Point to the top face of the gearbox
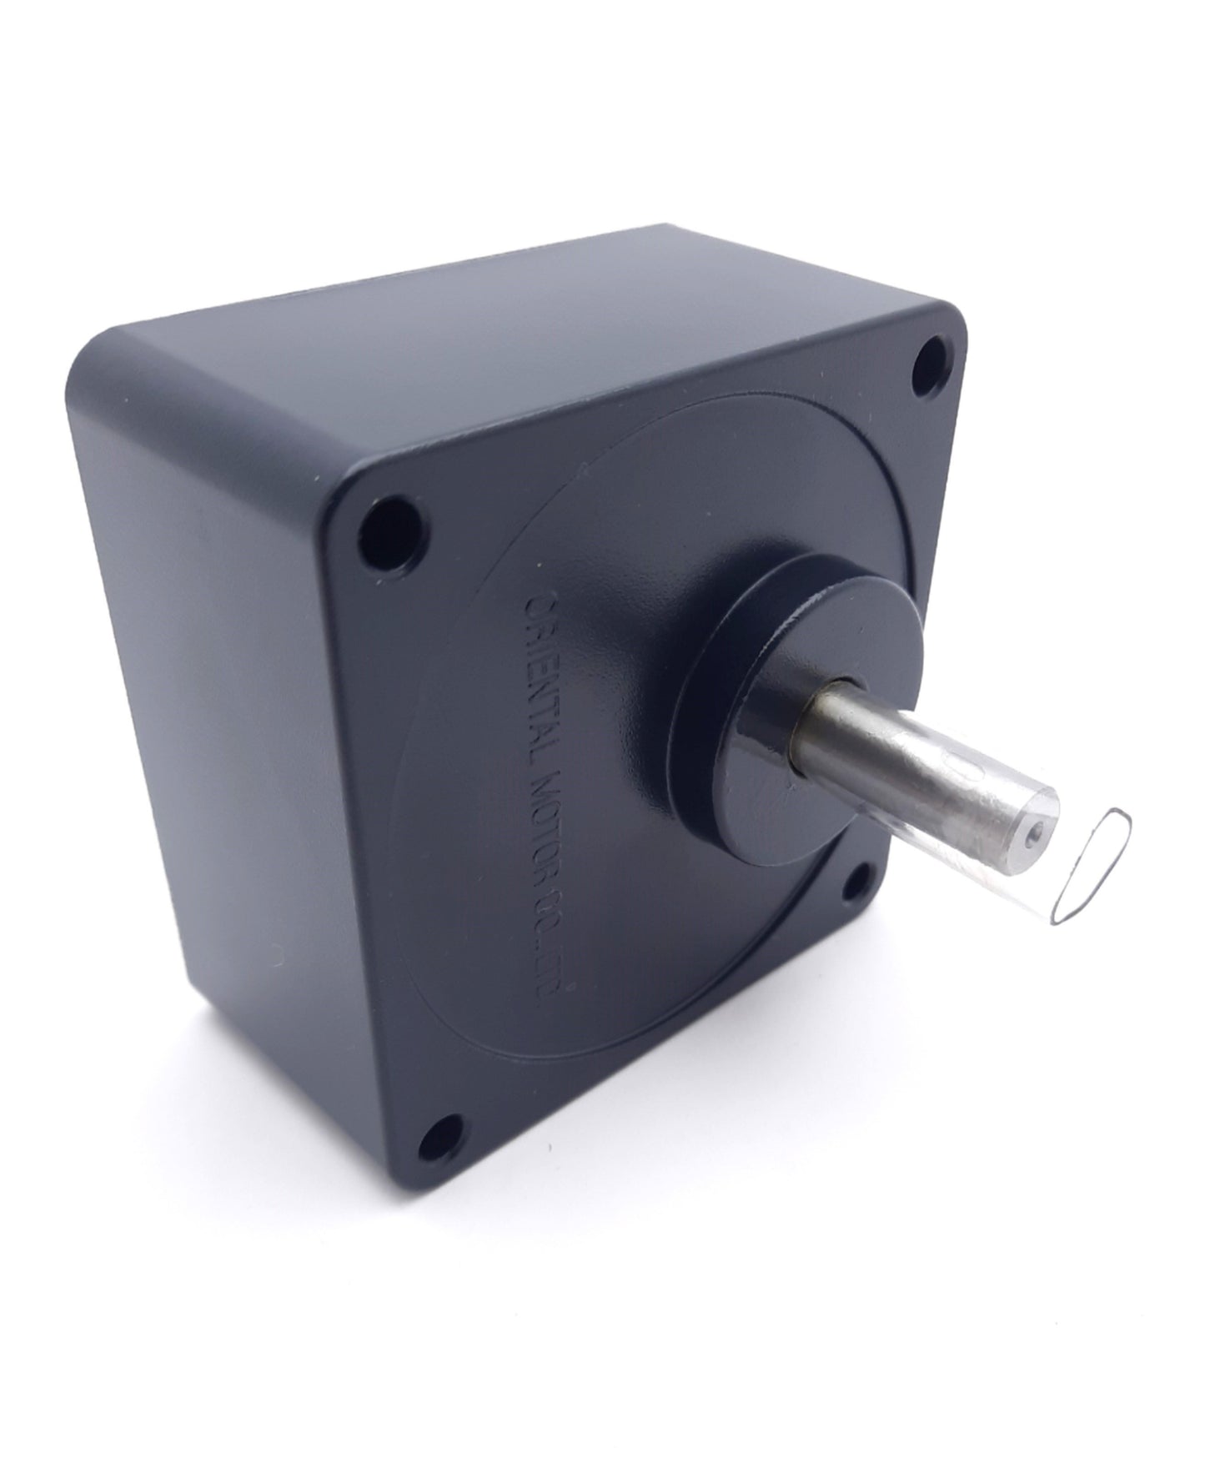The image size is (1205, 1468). click(x=500, y=334)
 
